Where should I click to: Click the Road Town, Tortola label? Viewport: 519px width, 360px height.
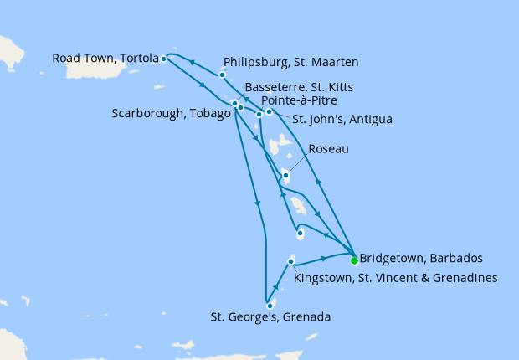point(105,59)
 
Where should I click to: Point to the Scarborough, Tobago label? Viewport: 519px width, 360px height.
point(170,114)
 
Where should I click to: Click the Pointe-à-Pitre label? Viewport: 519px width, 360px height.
point(301,101)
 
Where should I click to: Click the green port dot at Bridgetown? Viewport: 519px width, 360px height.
point(353,260)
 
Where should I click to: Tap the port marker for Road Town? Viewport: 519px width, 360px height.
point(163,59)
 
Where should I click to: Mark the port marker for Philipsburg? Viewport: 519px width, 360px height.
point(222,75)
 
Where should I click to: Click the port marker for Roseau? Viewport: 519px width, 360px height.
point(285,175)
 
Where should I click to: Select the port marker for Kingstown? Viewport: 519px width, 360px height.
point(290,262)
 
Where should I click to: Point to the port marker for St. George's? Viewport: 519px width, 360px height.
point(270,306)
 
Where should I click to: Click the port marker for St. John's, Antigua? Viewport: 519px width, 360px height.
point(269,111)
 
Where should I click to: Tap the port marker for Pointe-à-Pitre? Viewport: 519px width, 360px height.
point(259,114)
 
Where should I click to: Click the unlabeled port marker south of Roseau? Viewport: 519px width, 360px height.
point(300,234)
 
